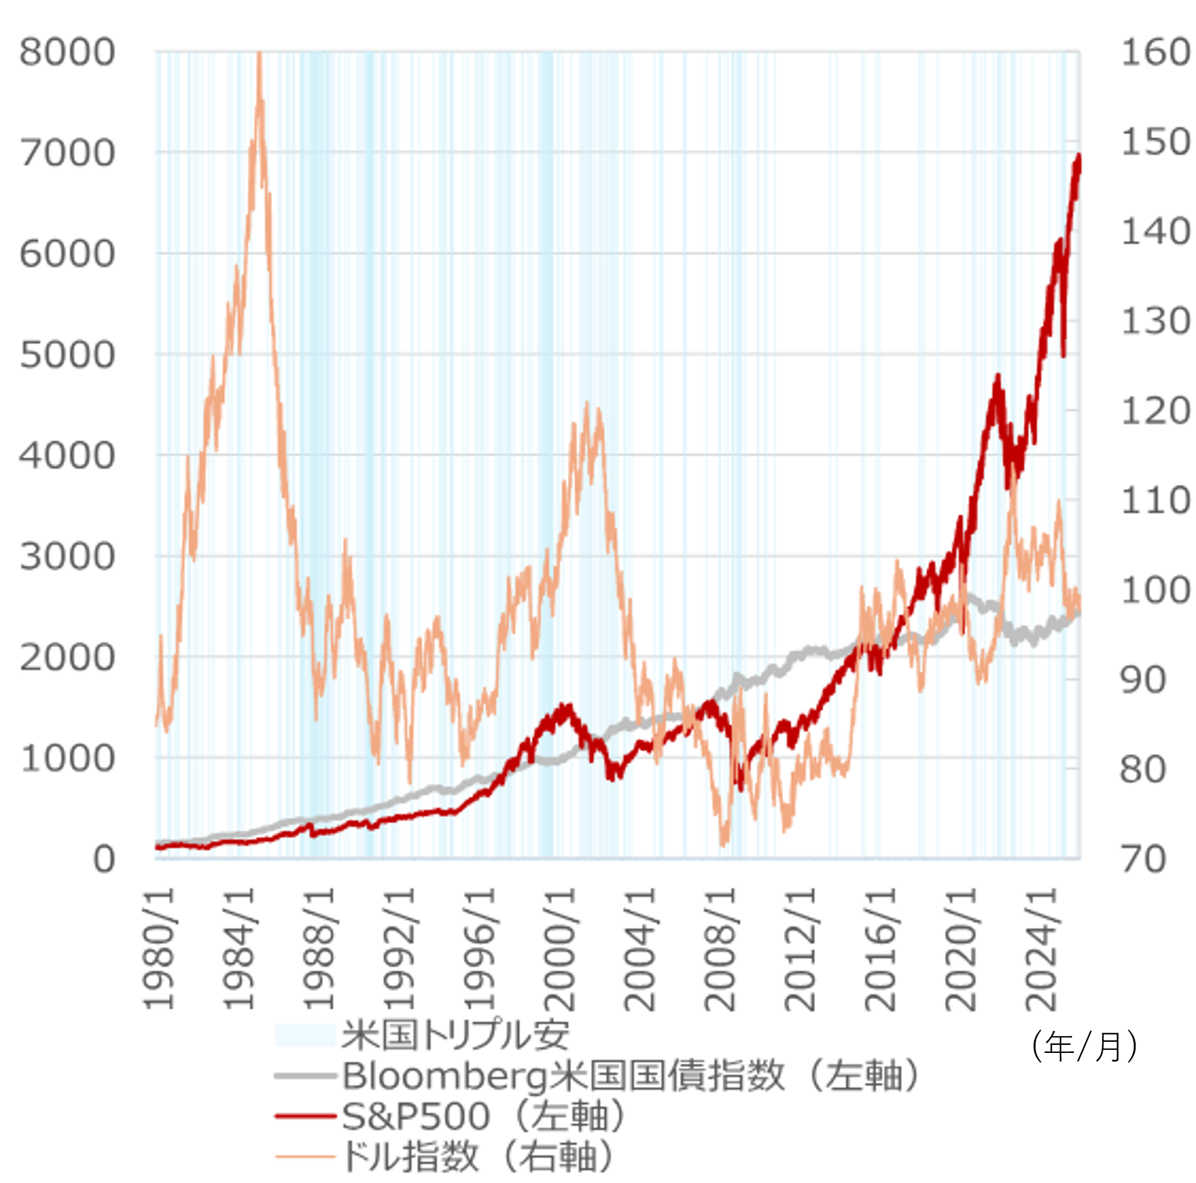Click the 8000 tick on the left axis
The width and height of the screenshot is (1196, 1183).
[x=67, y=52]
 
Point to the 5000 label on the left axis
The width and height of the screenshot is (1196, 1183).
[x=67, y=354]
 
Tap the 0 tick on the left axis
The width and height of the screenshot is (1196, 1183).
[x=104, y=859]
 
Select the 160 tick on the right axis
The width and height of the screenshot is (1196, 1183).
[x=1155, y=52]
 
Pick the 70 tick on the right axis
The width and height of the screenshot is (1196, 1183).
[x=1143, y=859]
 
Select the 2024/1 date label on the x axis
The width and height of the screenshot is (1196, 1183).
[x=1042, y=949]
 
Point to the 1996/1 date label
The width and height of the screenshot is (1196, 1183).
[x=480, y=949]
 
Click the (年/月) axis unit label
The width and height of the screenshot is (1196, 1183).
[x=1084, y=1046]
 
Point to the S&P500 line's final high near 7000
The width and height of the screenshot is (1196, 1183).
[x=1079, y=156]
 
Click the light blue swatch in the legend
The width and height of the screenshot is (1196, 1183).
[x=305, y=1035]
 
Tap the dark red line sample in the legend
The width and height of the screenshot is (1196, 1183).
[x=305, y=1116]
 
